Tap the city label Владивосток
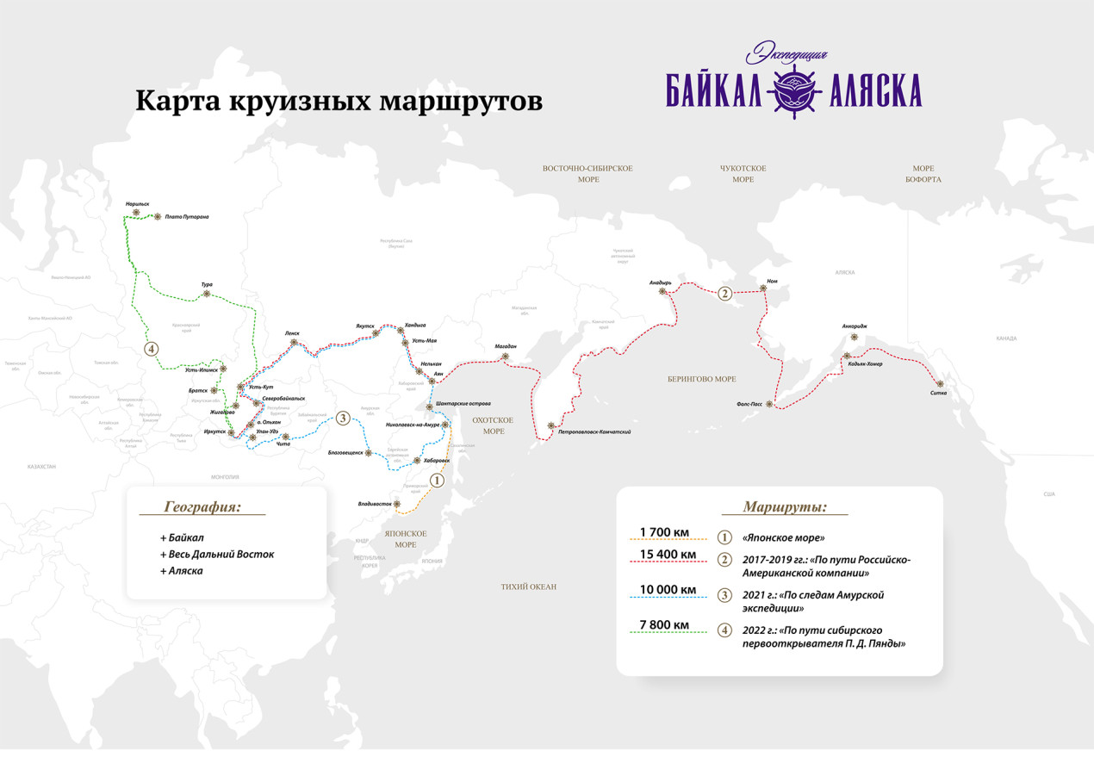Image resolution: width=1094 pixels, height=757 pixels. click(x=375, y=504)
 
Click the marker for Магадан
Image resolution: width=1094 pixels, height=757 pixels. click(x=507, y=357)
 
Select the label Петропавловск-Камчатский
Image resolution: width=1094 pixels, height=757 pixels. click(x=594, y=431)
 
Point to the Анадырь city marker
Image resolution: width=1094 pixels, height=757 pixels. click(x=662, y=291)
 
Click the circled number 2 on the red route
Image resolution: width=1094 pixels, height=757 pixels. click(x=725, y=294)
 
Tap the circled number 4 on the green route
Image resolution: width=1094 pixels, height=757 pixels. click(x=152, y=349)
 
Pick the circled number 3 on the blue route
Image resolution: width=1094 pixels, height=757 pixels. click(x=342, y=419)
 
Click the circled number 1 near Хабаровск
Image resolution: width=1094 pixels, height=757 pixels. click(x=436, y=481)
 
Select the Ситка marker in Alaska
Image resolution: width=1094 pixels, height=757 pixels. click(x=941, y=383)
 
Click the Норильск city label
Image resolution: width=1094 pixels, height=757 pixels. click(x=137, y=204)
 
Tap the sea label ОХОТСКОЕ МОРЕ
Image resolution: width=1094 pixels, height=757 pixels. click(x=494, y=425)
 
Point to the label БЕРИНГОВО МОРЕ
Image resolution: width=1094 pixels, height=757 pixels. click(x=701, y=379)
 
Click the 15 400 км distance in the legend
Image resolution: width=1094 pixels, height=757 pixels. click(x=668, y=553)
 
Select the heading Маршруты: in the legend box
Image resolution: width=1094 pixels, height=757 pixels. click(x=785, y=507)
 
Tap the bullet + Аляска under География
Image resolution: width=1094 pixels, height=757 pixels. click(x=181, y=570)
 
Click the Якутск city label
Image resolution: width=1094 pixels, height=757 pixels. click(x=365, y=326)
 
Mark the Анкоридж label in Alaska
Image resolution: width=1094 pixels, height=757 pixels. click(x=855, y=326)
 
